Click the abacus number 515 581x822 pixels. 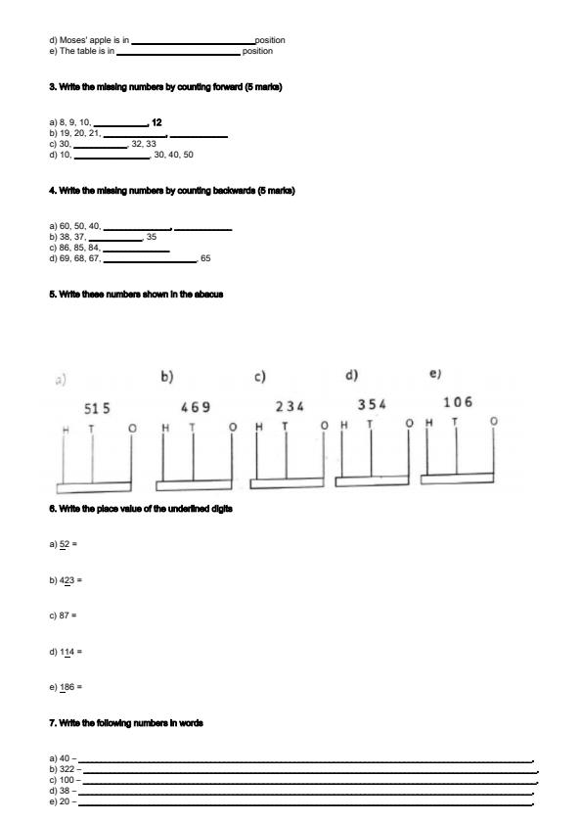point(97,408)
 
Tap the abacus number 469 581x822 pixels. point(196,405)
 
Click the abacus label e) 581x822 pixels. point(435,374)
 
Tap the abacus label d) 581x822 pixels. point(351,375)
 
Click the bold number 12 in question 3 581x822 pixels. point(156,123)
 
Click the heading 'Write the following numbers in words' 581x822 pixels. point(126,723)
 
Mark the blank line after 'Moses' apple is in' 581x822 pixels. point(192,41)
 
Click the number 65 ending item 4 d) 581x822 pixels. point(205,259)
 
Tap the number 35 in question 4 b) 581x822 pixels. point(151,237)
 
